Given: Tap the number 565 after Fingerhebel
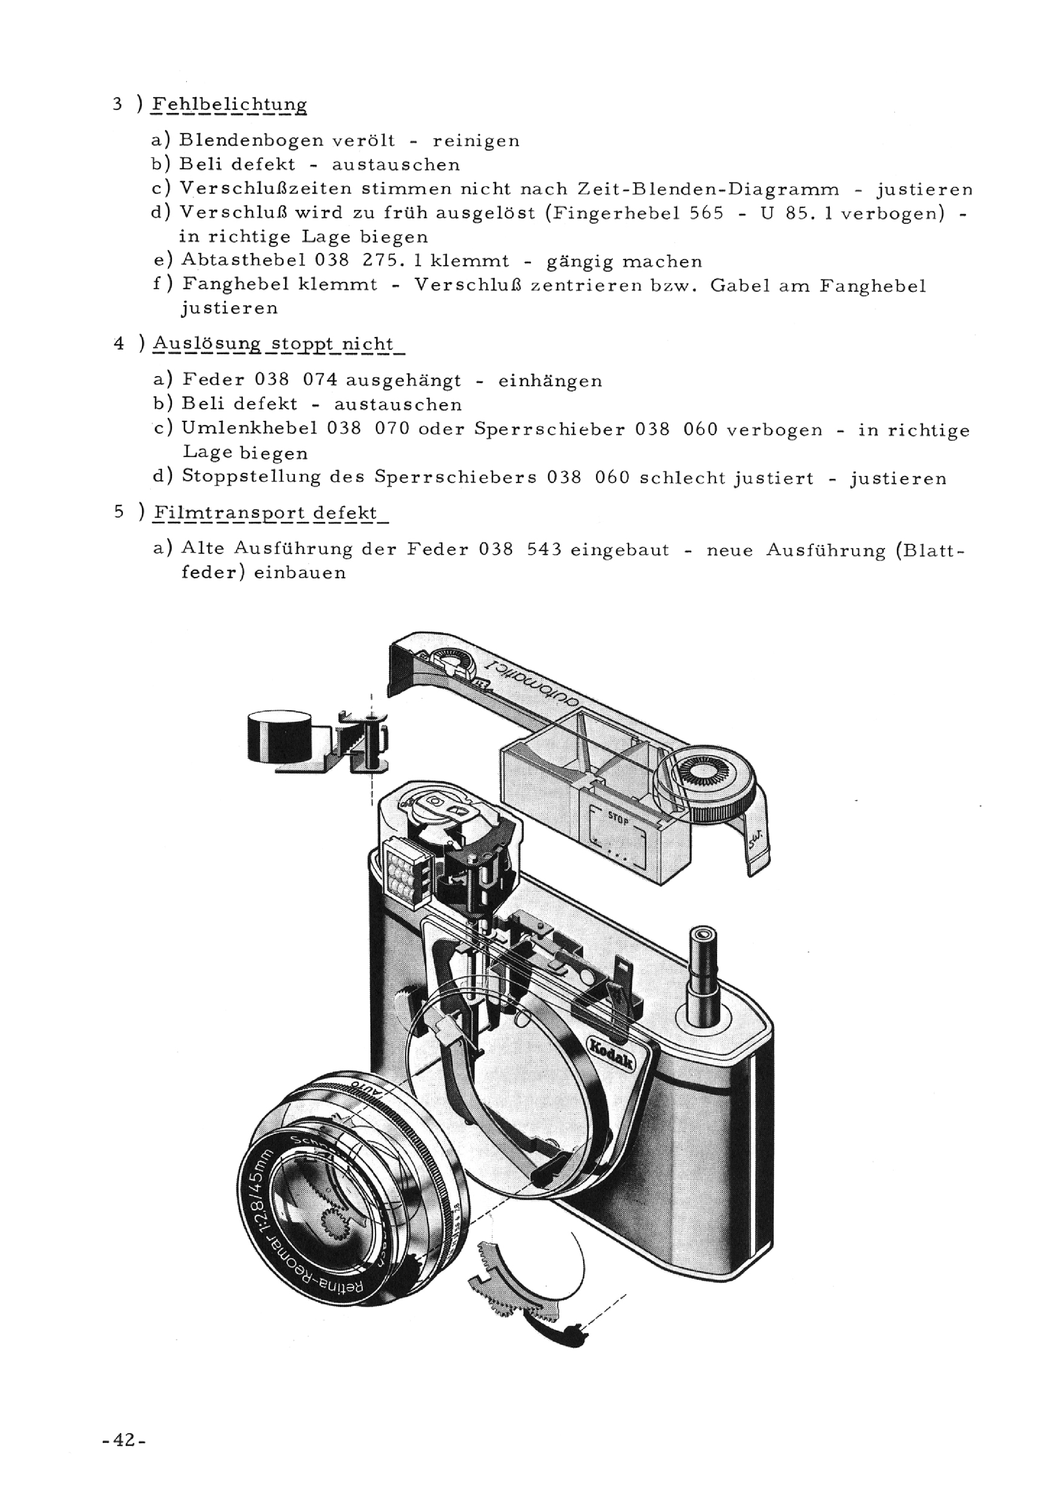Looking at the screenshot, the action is click(x=706, y=214).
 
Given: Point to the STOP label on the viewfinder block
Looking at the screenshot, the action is click(x=618, y=817).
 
